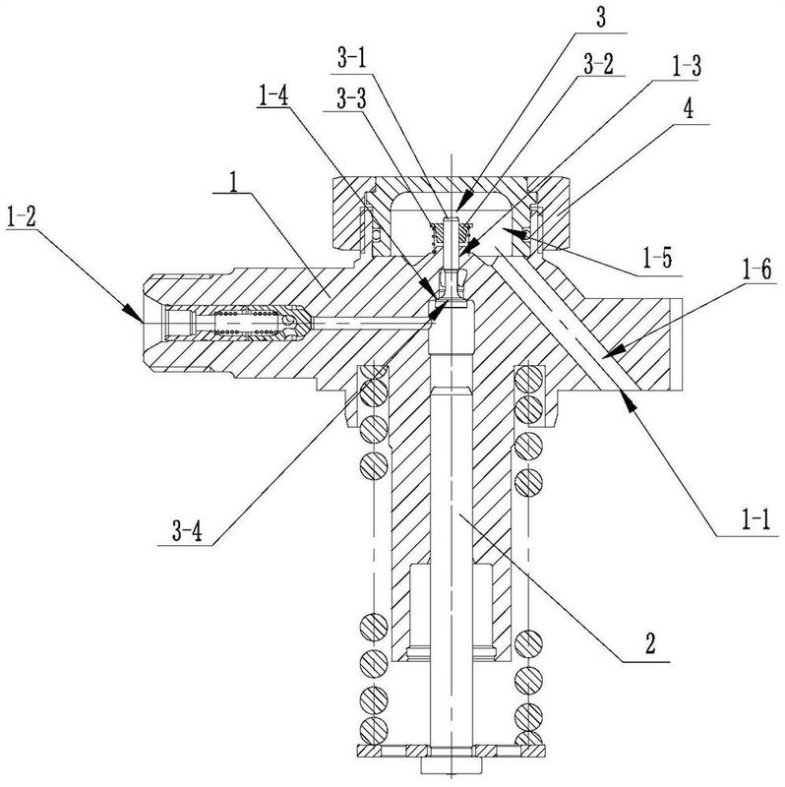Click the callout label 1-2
coord(22,217)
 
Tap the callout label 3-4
coord(187,531)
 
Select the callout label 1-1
coord(755,521)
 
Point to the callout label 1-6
coord(756,271)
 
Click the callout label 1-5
coord(657,258)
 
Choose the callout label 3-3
coord(351,99)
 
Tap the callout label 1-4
coord(273,95)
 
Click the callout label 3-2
coord(598,65)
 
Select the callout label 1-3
coord(686,66)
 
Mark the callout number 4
coord(689,109)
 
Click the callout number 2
coord(650,643)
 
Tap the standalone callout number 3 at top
coord(600,17)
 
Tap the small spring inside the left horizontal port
coord(247,322)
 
